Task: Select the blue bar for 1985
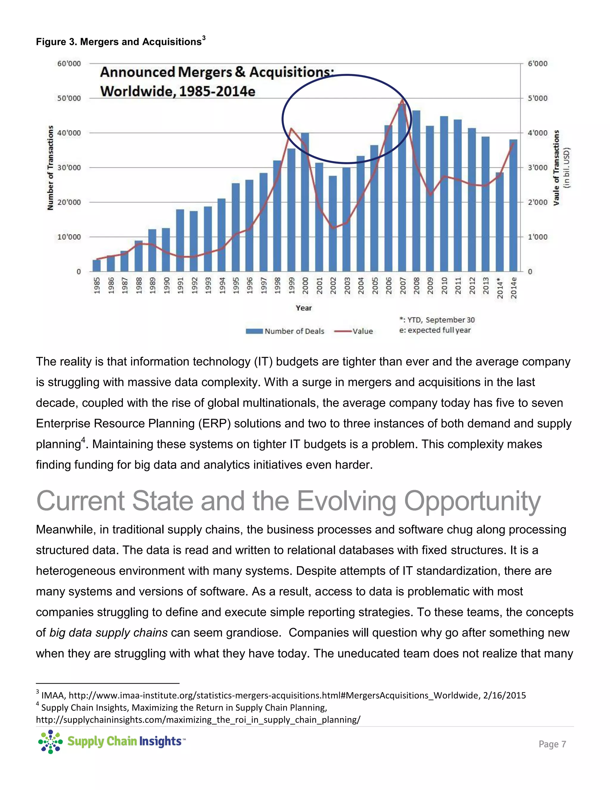[97, 266]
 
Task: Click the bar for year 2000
[305, 202]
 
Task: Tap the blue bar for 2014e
[513, 205]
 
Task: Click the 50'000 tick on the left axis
[69, 98]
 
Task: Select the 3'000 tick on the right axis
[537, 168]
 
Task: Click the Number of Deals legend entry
[285, 331]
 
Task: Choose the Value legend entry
[354, 331]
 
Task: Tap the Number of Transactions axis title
[51, 168]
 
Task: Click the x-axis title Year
[304, 308]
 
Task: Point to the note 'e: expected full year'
[435, 330]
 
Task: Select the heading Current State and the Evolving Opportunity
[288, 501]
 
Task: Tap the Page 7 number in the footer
[552, 744]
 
